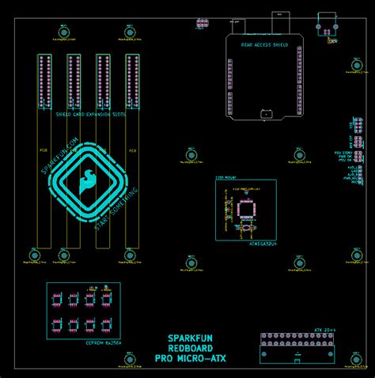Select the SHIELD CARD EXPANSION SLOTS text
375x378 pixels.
pyautogui.click(x=91, y=115)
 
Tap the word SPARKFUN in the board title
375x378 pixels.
pyautogui.click(x=190, y=338)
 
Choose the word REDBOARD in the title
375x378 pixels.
pyautogui.click(x=190, y=348)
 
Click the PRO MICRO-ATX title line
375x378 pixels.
pyautogui.click(x=190, y=358)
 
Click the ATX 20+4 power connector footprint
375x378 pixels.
pyautogui.click(x=298, y=349)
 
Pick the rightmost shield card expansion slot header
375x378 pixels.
pyautogui.click(x=132, y=81)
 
